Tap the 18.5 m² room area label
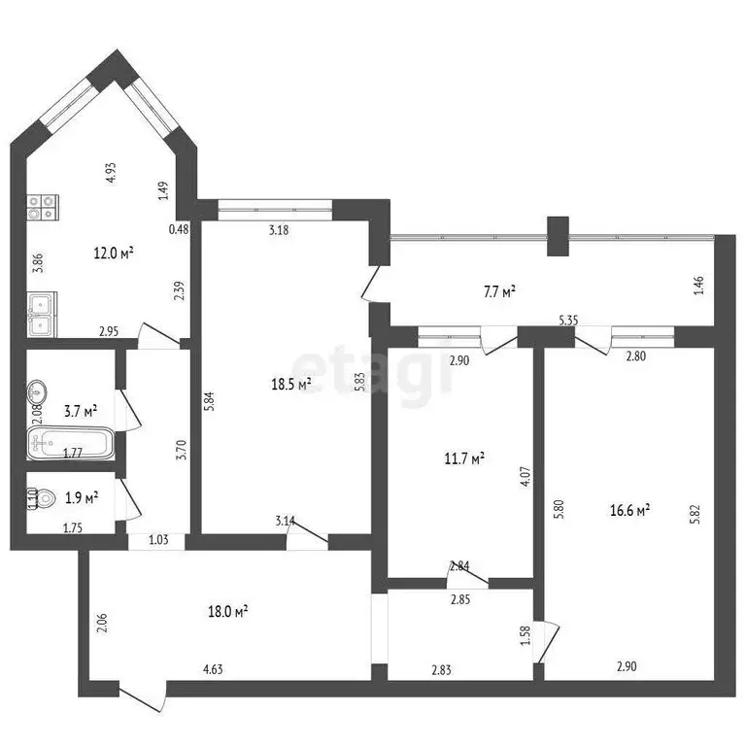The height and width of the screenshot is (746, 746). [290, 385]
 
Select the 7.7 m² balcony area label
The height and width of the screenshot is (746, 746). [497, 289]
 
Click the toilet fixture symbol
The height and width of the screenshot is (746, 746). [33, 498]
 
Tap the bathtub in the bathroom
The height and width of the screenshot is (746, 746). [71, 446]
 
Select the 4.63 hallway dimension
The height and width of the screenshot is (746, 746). [215, 668]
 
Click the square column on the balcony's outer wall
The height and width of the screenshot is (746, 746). [557, 234]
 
